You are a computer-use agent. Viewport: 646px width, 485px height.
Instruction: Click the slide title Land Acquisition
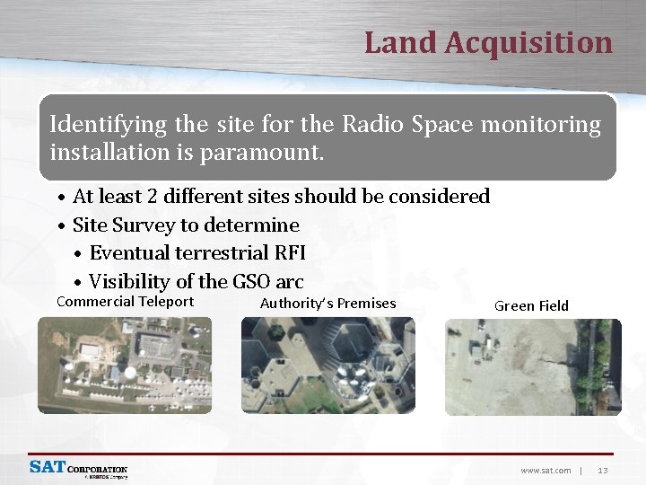(488, 42)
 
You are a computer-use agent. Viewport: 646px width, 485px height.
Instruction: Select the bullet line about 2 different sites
(280, 196)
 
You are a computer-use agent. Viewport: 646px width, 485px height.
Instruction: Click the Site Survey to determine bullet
(185, 225)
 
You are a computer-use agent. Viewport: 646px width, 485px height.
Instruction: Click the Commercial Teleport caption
(125, 302)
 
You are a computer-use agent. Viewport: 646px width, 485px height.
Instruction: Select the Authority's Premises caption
(327, 304)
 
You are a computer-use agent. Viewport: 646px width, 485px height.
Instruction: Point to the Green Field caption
(531, 306)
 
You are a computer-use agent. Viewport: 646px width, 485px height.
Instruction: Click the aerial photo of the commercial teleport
(125, 366)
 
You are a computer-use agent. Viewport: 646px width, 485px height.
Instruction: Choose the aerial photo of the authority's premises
(327, 366)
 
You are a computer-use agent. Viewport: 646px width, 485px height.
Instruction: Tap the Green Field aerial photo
(532, 366)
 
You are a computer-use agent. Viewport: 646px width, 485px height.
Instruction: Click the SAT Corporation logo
(79, 469)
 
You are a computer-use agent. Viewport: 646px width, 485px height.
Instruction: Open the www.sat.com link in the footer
(546, 470)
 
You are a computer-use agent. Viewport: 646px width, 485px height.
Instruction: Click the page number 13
(602, 470)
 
